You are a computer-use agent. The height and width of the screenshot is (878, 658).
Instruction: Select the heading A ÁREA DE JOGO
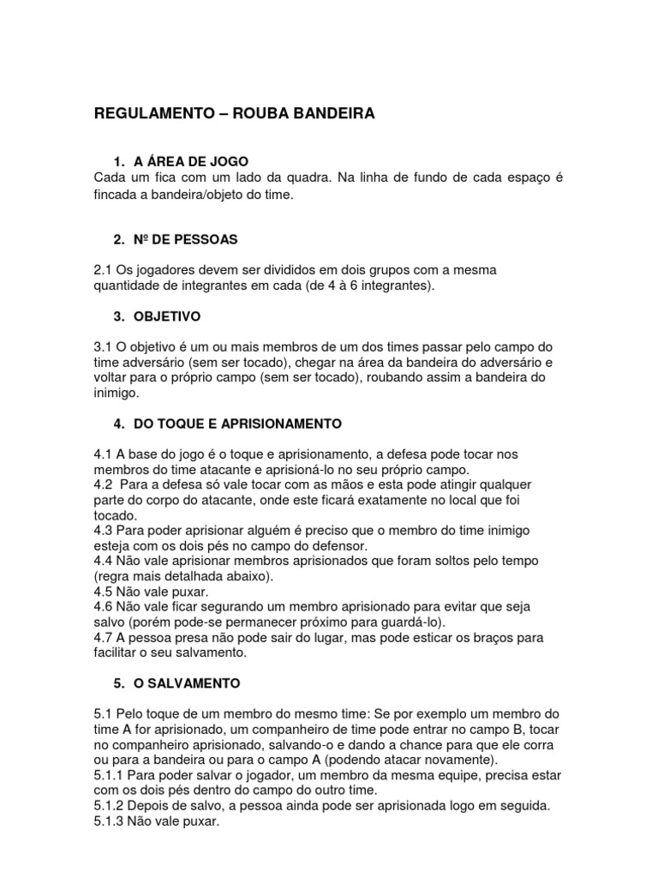[191, 160]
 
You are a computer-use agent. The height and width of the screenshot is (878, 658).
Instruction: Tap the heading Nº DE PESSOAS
[185, 238]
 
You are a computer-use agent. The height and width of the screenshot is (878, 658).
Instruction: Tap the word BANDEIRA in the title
[331, 114]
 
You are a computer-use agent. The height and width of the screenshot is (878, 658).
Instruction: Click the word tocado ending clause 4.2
[115, 516]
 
